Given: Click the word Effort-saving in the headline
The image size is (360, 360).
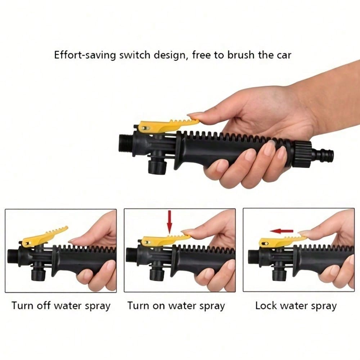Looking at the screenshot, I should (85, 55).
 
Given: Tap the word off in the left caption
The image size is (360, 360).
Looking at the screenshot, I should (44, 306).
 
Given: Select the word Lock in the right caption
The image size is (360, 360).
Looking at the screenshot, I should (266, 306).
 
